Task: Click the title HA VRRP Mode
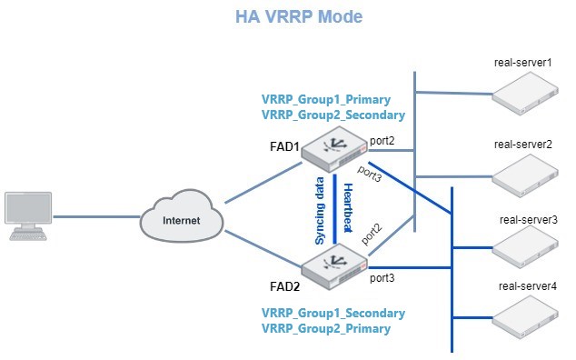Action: pyautogui.click(x=288, y=17)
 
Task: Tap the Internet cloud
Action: pyautogui.click(x=183, y=216)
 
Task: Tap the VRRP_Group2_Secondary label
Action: pyautogui.click(x=333, y=115)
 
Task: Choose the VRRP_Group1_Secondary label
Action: pyautogui.click(x=333, y=313)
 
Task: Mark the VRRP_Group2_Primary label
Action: pyautogui.click(x=325, y=329)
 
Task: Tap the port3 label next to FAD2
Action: pyautogui.click(x=382, y=278)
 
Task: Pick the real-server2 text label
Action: pyautogui.click(x=523, y=145)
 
